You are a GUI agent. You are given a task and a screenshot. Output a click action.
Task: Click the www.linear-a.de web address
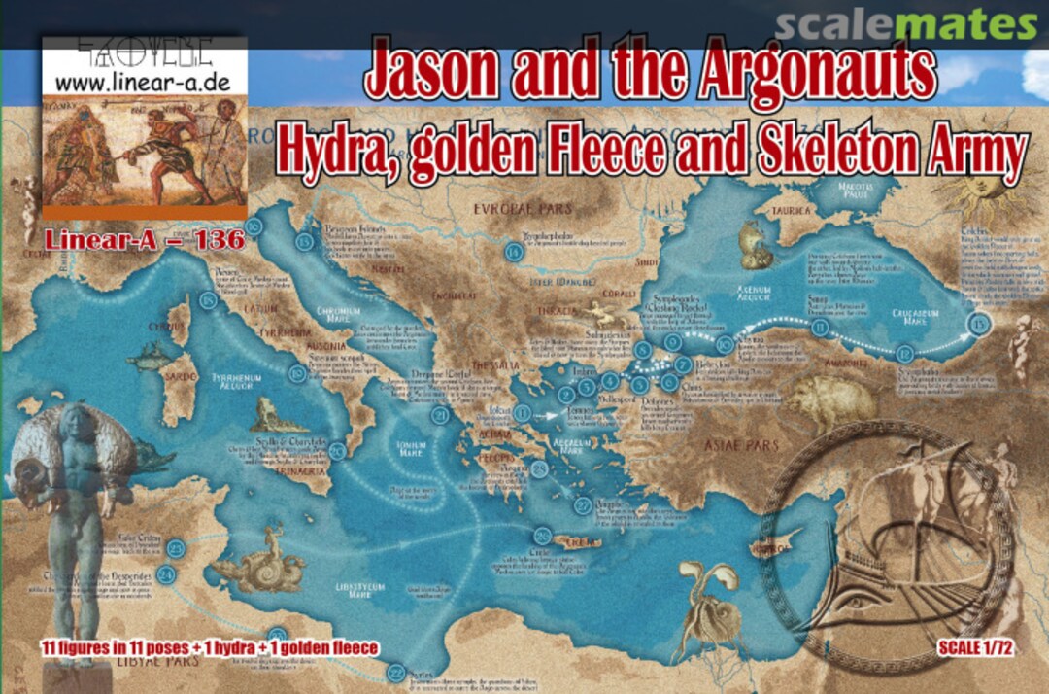(x=143, y=82)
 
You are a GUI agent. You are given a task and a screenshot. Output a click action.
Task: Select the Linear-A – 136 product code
(x=143, y=239)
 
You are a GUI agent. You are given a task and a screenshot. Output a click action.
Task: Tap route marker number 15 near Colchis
(x=979, y=326)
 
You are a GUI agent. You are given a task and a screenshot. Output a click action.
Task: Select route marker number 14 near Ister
(x=514, y=253)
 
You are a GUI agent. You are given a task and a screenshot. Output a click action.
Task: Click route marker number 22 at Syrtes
(x=396, y=672)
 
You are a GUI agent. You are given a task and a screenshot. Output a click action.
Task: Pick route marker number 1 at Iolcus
(x=524, y=413)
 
